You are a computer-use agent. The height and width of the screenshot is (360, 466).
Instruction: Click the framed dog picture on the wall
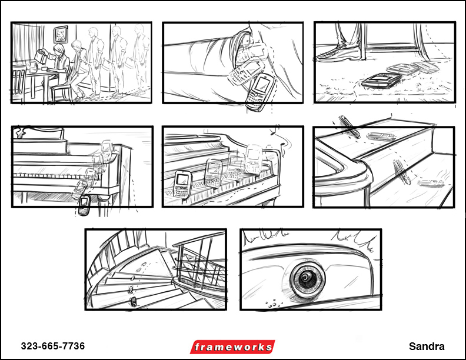61,34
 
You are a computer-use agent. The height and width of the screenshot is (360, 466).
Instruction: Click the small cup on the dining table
45,69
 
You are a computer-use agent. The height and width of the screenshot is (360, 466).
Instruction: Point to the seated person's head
59,49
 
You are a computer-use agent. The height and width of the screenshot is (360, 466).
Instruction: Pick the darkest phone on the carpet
382,80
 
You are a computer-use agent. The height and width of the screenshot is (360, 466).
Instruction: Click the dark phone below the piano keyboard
84,205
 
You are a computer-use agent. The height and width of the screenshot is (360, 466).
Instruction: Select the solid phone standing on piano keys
182,184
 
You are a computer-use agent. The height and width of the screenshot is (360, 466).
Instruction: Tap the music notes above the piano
280,140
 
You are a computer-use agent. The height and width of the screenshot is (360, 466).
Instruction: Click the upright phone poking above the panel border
349,127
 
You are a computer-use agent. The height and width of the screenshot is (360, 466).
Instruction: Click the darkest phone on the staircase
134,302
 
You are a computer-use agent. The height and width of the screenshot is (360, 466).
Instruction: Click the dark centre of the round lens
305,278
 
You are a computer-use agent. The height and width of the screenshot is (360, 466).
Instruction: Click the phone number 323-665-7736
53,346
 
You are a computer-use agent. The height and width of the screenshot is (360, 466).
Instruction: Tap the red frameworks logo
232,347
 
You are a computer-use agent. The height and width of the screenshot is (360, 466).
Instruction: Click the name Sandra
427,346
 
